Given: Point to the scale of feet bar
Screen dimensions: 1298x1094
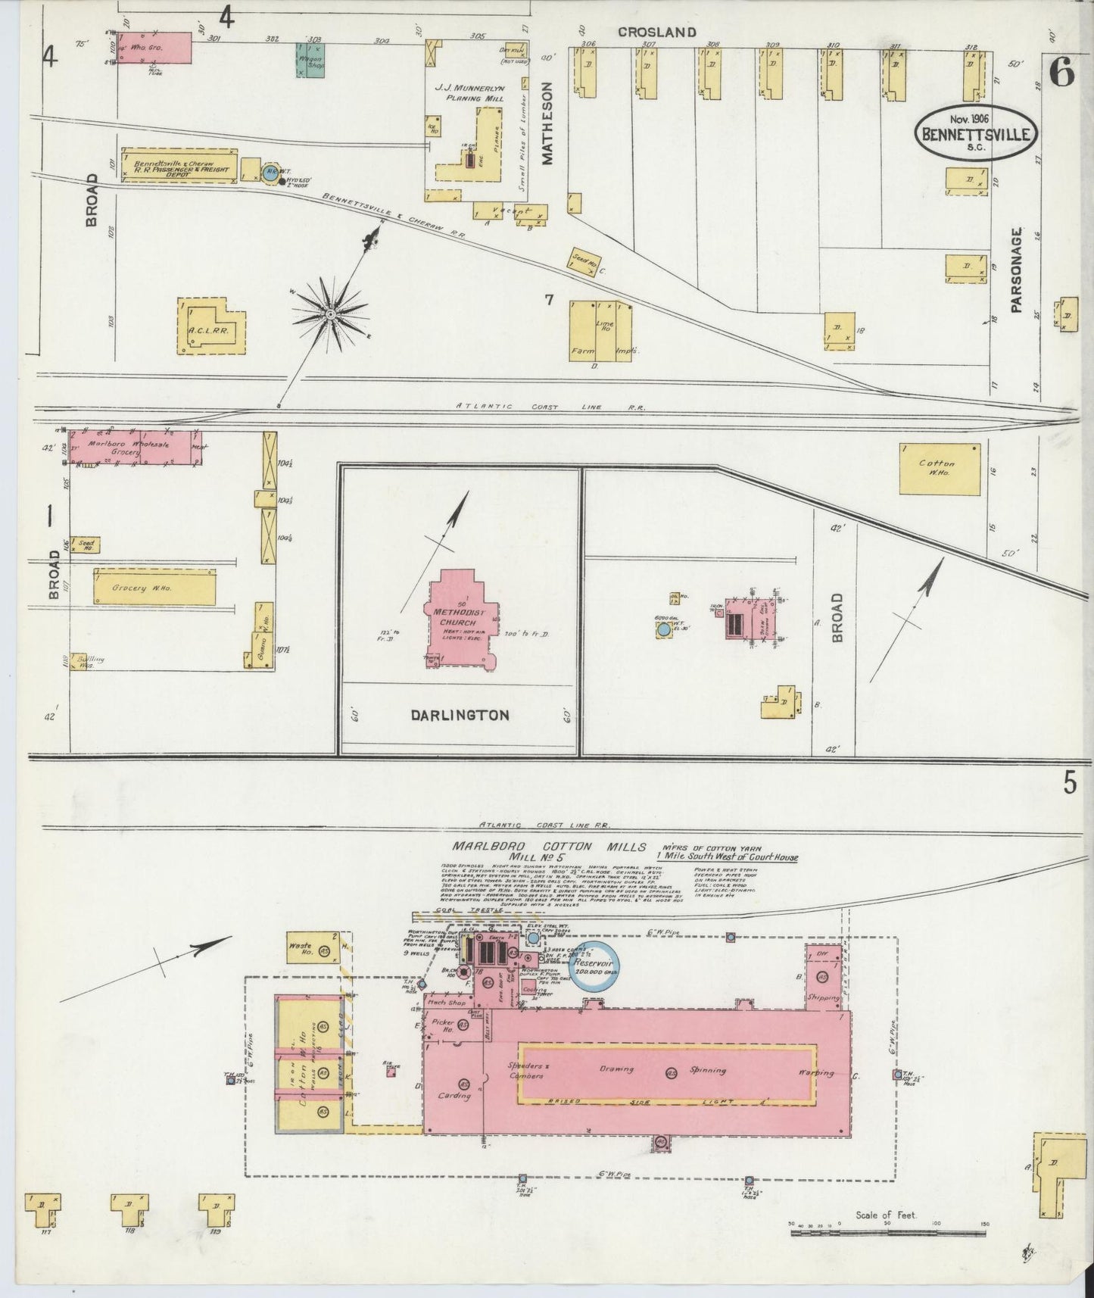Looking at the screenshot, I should point(887,1232).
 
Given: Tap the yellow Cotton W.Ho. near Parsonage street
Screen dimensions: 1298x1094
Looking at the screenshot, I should point(939,468).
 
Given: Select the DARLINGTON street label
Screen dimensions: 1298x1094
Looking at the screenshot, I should point(460,715).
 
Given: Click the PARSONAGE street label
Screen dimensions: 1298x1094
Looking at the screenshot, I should point(1016,270).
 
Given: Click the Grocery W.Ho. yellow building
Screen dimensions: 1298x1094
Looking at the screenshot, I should point(154,588).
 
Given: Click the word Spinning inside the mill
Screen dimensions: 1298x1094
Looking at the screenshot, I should point(707,1071).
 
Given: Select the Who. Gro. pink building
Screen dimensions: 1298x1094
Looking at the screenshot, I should point(153,48).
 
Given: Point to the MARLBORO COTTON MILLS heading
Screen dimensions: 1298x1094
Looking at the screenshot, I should point(548,847).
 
